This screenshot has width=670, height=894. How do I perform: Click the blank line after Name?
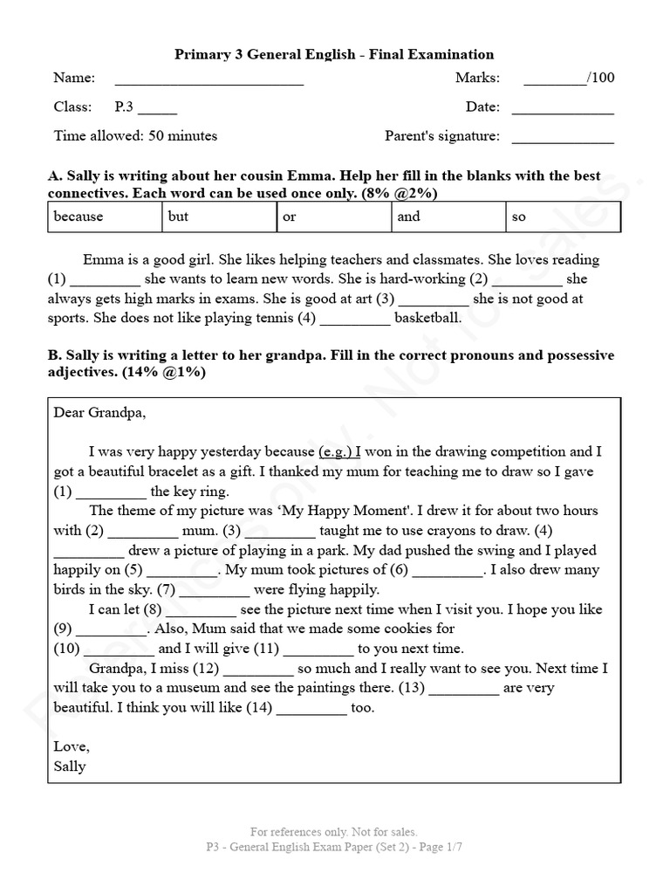[209, 82]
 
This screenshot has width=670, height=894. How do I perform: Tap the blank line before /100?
[556, 82]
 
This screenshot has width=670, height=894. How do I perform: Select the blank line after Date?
[562, 112]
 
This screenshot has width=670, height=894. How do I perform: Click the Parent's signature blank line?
[562, 141]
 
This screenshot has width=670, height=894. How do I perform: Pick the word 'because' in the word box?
[79, 217]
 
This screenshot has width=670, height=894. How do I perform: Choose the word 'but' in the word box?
[178, 217]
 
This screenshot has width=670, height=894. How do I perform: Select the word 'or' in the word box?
[290, 217]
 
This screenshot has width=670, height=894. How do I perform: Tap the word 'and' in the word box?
[408, 217]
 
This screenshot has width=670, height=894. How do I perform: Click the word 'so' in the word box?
[519, 217]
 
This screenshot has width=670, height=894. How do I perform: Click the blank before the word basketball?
[355, 321]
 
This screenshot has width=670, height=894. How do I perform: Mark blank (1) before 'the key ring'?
[112, 495]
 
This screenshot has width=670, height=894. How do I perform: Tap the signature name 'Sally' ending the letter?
[70, 767]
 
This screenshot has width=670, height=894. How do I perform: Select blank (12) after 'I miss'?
[258, 672]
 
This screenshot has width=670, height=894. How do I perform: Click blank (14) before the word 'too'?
[311, 712]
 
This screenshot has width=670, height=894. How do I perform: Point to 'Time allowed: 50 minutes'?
[135, 136]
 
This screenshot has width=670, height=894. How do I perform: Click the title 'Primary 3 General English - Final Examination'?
[334, 55]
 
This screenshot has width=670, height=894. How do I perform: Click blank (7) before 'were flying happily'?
[215, 594]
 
